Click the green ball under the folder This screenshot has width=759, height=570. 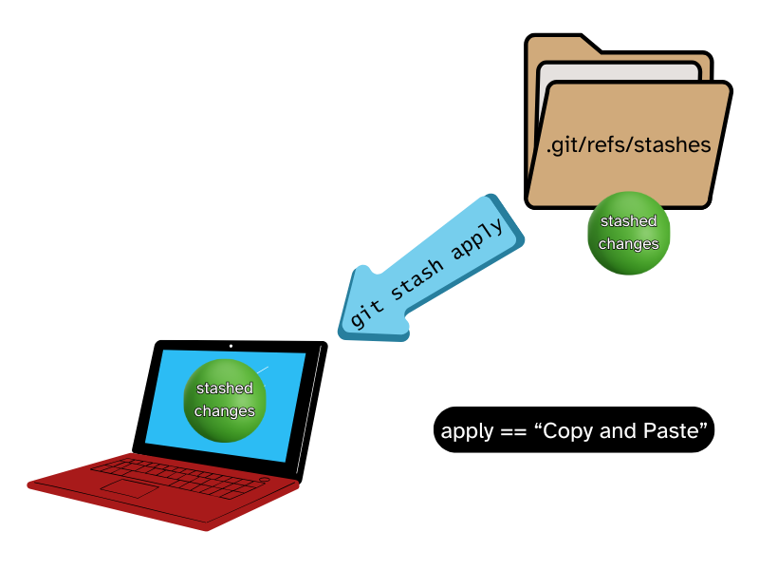click(628, 234)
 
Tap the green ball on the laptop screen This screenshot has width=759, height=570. click(225, 401)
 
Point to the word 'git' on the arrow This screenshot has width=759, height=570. click(362, 310)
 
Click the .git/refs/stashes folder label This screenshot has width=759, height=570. click(628, 145)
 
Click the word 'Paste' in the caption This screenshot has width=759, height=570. click(677, 431)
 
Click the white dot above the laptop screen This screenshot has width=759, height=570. click(231, 346)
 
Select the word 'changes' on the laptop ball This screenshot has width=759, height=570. click(225, 411)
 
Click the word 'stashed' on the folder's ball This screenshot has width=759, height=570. click(628, 221)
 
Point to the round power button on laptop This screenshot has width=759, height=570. click(264, 481)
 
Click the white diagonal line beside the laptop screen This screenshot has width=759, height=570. click(308, 408)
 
